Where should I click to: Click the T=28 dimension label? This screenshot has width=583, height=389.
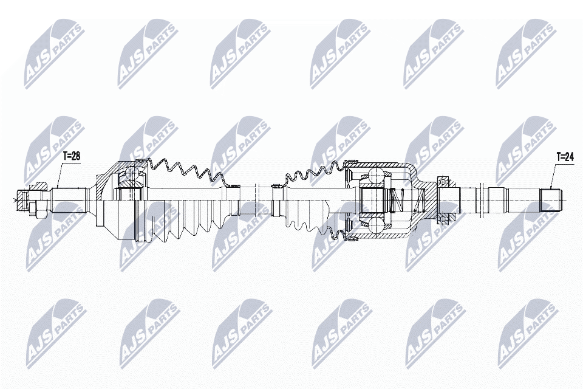click(x=72, y=157)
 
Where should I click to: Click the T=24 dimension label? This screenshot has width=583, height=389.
click(x=565, y=157)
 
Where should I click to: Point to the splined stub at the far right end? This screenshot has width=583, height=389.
click(x=551, y=200)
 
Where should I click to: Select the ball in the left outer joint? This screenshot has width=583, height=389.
click(x=132, y=173)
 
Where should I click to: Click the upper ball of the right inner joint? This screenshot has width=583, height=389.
click(x=377, y=175)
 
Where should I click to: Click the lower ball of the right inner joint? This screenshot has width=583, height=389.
click(x=377, y=225)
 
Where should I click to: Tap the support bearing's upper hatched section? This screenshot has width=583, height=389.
click(x=445, y=183)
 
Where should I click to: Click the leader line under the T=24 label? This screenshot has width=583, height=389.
click(x=553, y=175)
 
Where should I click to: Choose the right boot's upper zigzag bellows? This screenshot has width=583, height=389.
click(x=313, y=172)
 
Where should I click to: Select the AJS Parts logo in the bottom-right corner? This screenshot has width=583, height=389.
click(x=528, y=334)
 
